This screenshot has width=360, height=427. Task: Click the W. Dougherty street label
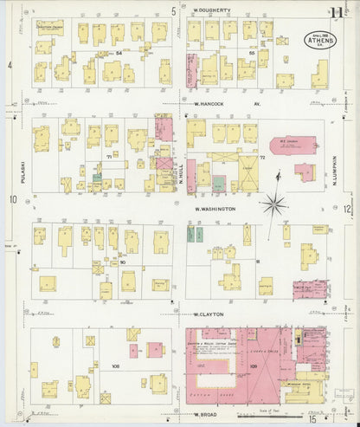(x=212, y=10)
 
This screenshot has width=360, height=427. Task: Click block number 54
(x=118, y=54)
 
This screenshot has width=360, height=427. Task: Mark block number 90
(x=123, y=262)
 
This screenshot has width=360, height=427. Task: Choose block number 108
(x=114, y=366)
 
